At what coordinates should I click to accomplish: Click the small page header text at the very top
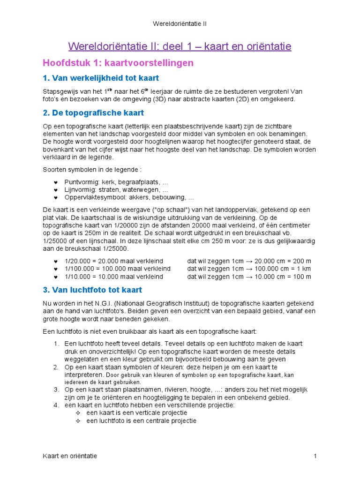click(180, 23)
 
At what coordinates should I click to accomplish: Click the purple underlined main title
click(180, 46)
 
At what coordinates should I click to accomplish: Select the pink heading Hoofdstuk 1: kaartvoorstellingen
click(118, 63)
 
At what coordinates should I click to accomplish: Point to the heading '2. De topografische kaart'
click(93, 113)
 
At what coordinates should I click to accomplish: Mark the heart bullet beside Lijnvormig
click(56, 190)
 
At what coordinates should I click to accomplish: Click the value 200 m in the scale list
click(301, 261)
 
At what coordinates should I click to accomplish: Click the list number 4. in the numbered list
click(56, 405)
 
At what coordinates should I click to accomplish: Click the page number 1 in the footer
click(315, 456)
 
